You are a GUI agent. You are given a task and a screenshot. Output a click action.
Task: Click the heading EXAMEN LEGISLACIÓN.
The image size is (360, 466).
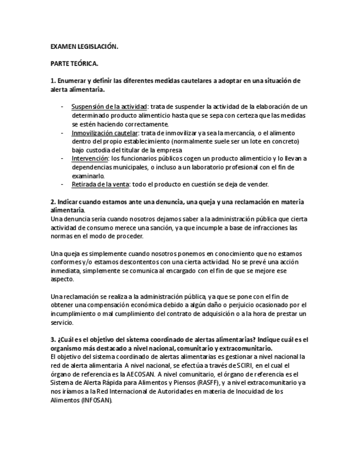(84, 47)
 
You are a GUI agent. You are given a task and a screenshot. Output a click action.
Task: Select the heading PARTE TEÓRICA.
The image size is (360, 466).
(75, 64)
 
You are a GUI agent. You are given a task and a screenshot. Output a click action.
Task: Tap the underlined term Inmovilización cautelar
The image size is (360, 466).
(104, 133)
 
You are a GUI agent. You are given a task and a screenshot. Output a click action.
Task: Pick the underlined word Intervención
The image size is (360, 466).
(90, 159)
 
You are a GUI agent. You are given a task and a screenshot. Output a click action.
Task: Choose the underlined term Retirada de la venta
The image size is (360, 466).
(99, 184)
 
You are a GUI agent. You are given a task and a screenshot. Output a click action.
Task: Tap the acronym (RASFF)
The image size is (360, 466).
(197, 382)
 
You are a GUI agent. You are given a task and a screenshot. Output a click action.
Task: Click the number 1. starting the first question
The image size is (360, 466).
(53, 81)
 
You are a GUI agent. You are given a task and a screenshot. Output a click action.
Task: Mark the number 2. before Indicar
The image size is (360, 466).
(53, 202)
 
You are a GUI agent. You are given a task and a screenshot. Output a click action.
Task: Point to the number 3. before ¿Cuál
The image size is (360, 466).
(53, 339)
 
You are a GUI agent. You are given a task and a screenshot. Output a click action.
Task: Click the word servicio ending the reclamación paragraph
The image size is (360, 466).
(62, 322)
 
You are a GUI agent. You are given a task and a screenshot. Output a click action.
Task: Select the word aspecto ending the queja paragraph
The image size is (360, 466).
(62, 279)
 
